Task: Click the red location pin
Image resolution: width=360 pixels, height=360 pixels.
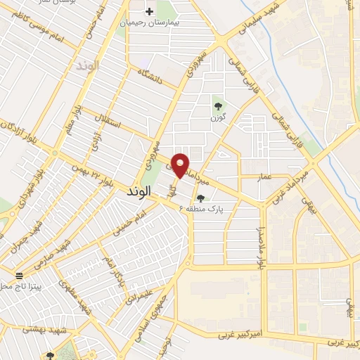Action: [181, 165]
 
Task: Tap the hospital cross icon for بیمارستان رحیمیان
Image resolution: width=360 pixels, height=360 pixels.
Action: [150, 11]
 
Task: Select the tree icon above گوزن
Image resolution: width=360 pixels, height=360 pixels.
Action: [218, 106]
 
